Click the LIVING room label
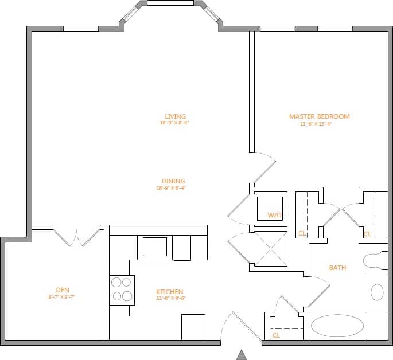175,116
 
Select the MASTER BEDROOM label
319,116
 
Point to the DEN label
63,290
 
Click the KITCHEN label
170,292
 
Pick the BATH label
337,268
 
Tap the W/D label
275,216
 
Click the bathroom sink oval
377,292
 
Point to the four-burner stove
122,289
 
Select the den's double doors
76,237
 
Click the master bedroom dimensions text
316,123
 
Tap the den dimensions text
62,297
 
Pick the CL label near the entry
276,335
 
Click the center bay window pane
170,3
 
